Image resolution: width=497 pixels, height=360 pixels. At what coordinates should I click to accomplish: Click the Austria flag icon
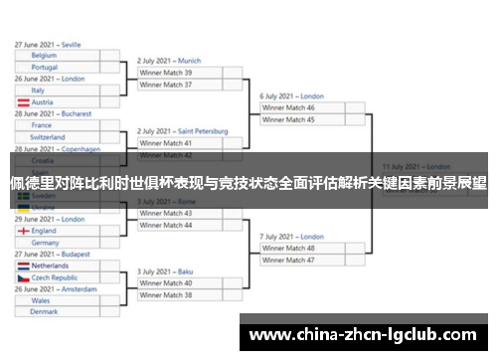(22, 101)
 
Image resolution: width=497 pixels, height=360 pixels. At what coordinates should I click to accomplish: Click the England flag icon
(22, 231)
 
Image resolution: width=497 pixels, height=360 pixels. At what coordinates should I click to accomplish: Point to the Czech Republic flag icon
(22, 277)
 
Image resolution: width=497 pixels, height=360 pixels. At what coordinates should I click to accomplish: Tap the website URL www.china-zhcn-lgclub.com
(362, 334)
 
